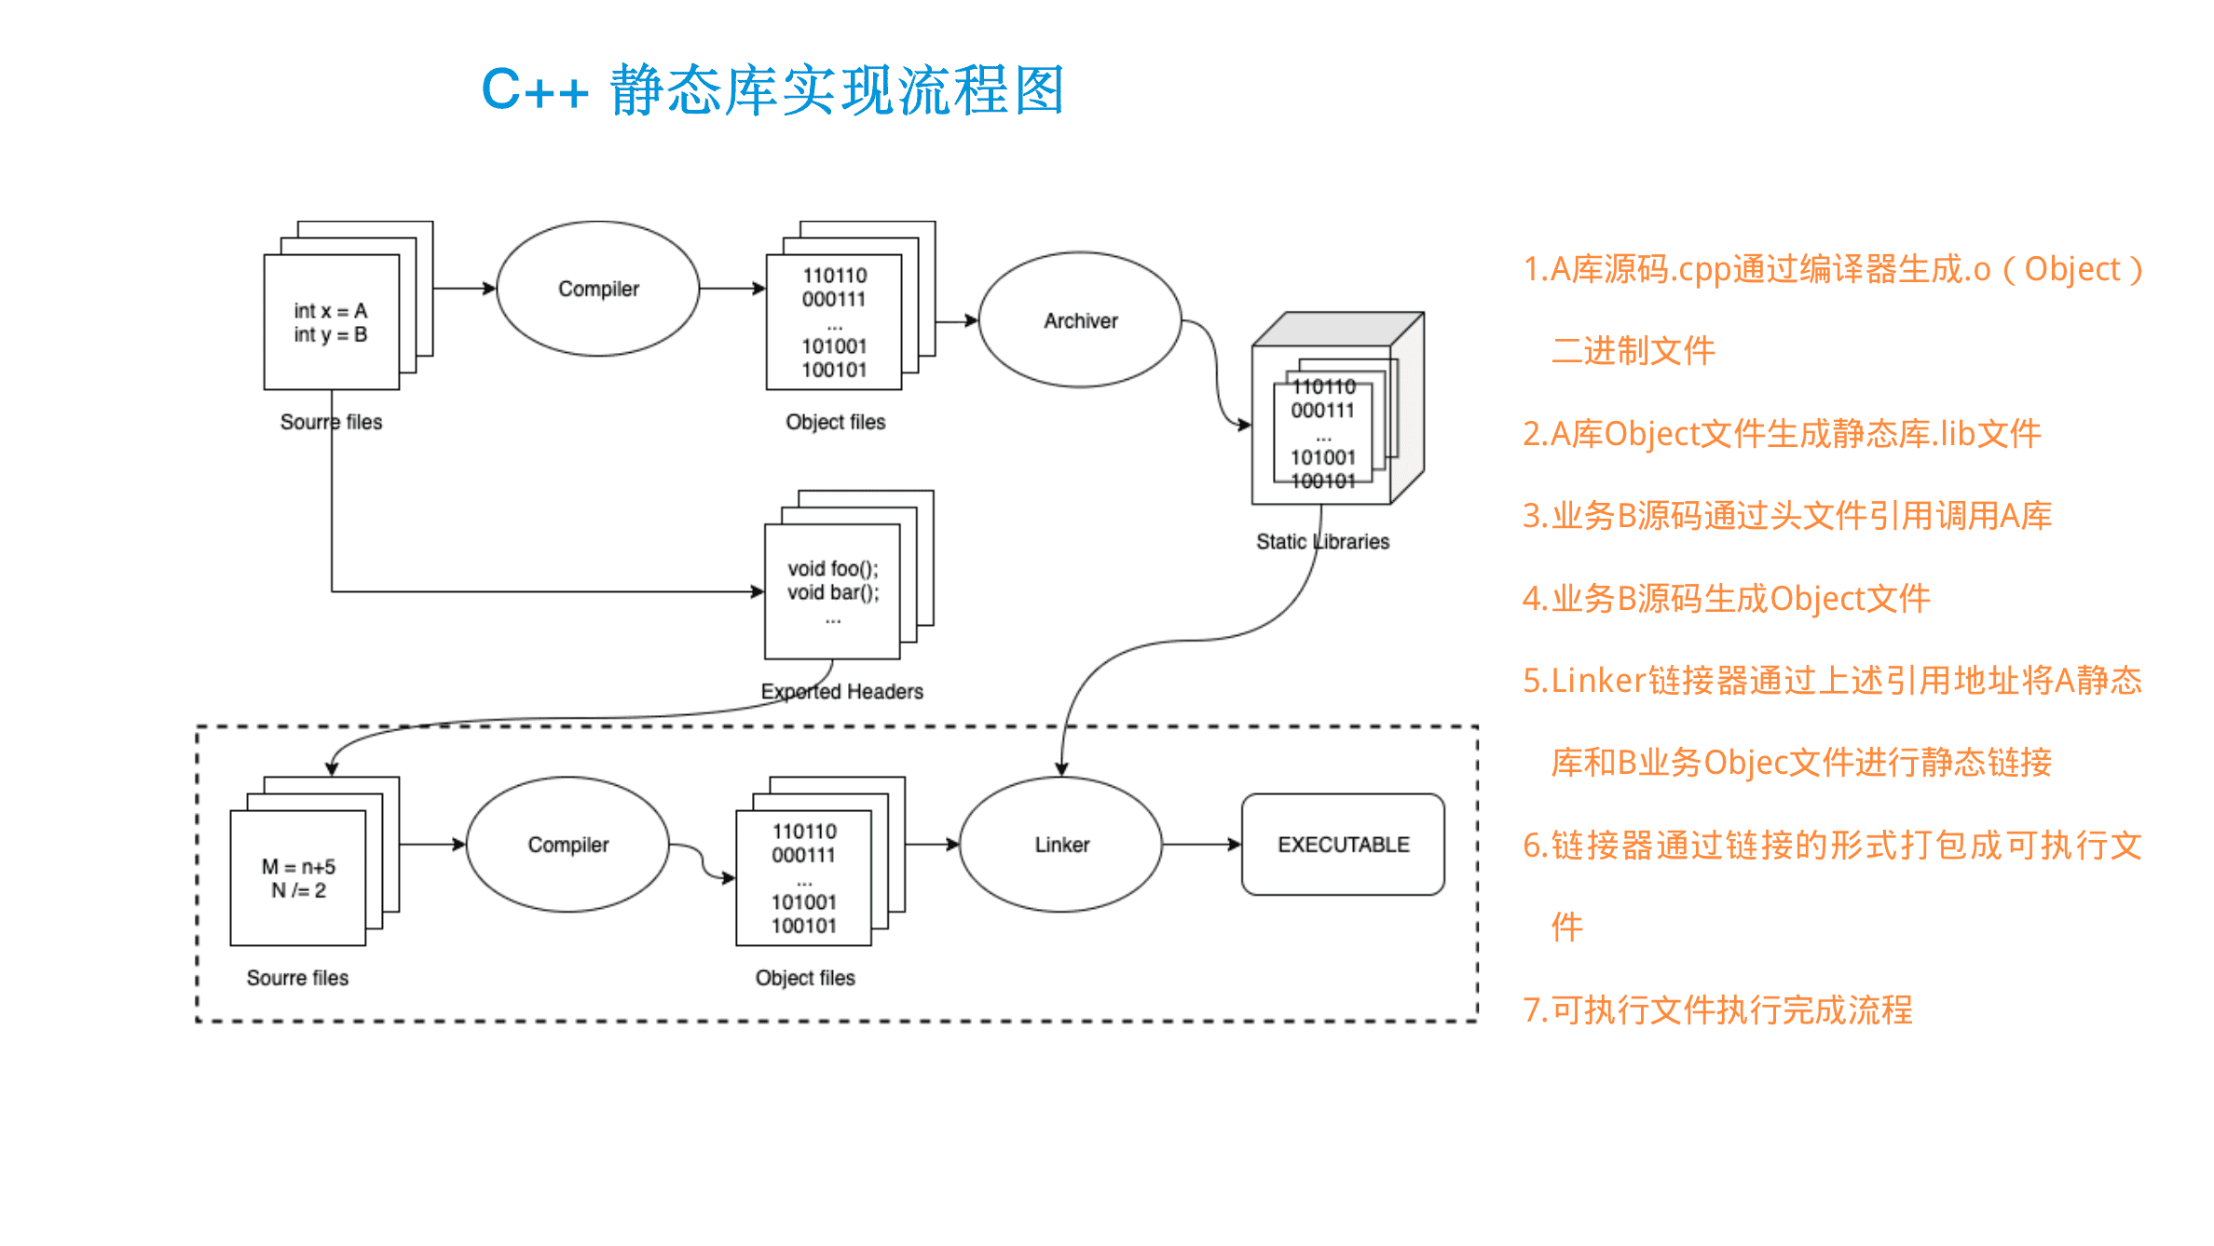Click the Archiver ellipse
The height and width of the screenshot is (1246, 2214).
[1080, 319]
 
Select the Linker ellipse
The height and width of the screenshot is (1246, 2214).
[1061, 844]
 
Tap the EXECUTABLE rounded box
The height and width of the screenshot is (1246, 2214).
[1343, 844]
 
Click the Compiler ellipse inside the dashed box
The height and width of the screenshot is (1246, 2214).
[567, 844]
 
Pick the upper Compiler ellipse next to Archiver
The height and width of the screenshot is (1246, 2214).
[598, 289]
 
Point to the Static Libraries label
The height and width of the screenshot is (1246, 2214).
[1322, 541]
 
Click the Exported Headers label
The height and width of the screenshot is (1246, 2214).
[841, 691]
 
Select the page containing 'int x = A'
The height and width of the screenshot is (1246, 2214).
[331, 322]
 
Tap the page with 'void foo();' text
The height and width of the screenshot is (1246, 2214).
[832, 591]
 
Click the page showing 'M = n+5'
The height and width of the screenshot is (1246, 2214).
[298, 878]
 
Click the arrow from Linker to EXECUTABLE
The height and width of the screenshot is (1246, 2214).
[1202, 845]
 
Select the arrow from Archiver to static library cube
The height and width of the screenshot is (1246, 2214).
[1216, 372]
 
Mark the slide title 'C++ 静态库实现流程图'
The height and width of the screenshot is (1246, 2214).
[772, 90]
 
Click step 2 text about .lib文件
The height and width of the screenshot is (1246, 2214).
[1781, 434]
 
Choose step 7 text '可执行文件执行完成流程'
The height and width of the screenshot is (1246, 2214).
[1717, 1009]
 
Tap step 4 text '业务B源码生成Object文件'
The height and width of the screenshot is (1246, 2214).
[1726, 599]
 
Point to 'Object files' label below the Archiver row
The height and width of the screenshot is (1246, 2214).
[835, 422]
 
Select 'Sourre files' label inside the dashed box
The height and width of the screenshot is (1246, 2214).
[297, 978]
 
